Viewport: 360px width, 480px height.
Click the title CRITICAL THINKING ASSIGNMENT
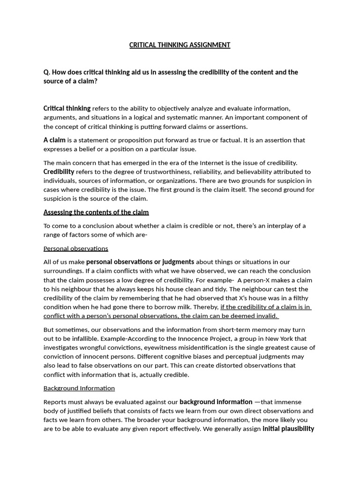tap(180, 45)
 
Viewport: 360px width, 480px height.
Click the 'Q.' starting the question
tap(47, 72)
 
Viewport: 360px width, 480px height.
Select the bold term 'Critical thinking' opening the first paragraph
tap(67, 108)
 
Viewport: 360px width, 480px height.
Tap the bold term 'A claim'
tap(54, 140)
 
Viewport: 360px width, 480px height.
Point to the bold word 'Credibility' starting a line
tap(59, 172)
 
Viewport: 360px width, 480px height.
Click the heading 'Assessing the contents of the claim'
tap(96, 212)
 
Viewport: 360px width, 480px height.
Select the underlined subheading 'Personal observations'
tap(75, 248)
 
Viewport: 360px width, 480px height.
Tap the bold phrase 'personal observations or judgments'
tap(140, 262)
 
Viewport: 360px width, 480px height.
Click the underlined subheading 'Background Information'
tap(79, 388)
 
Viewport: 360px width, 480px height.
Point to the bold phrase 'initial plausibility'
tap(288, 429)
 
